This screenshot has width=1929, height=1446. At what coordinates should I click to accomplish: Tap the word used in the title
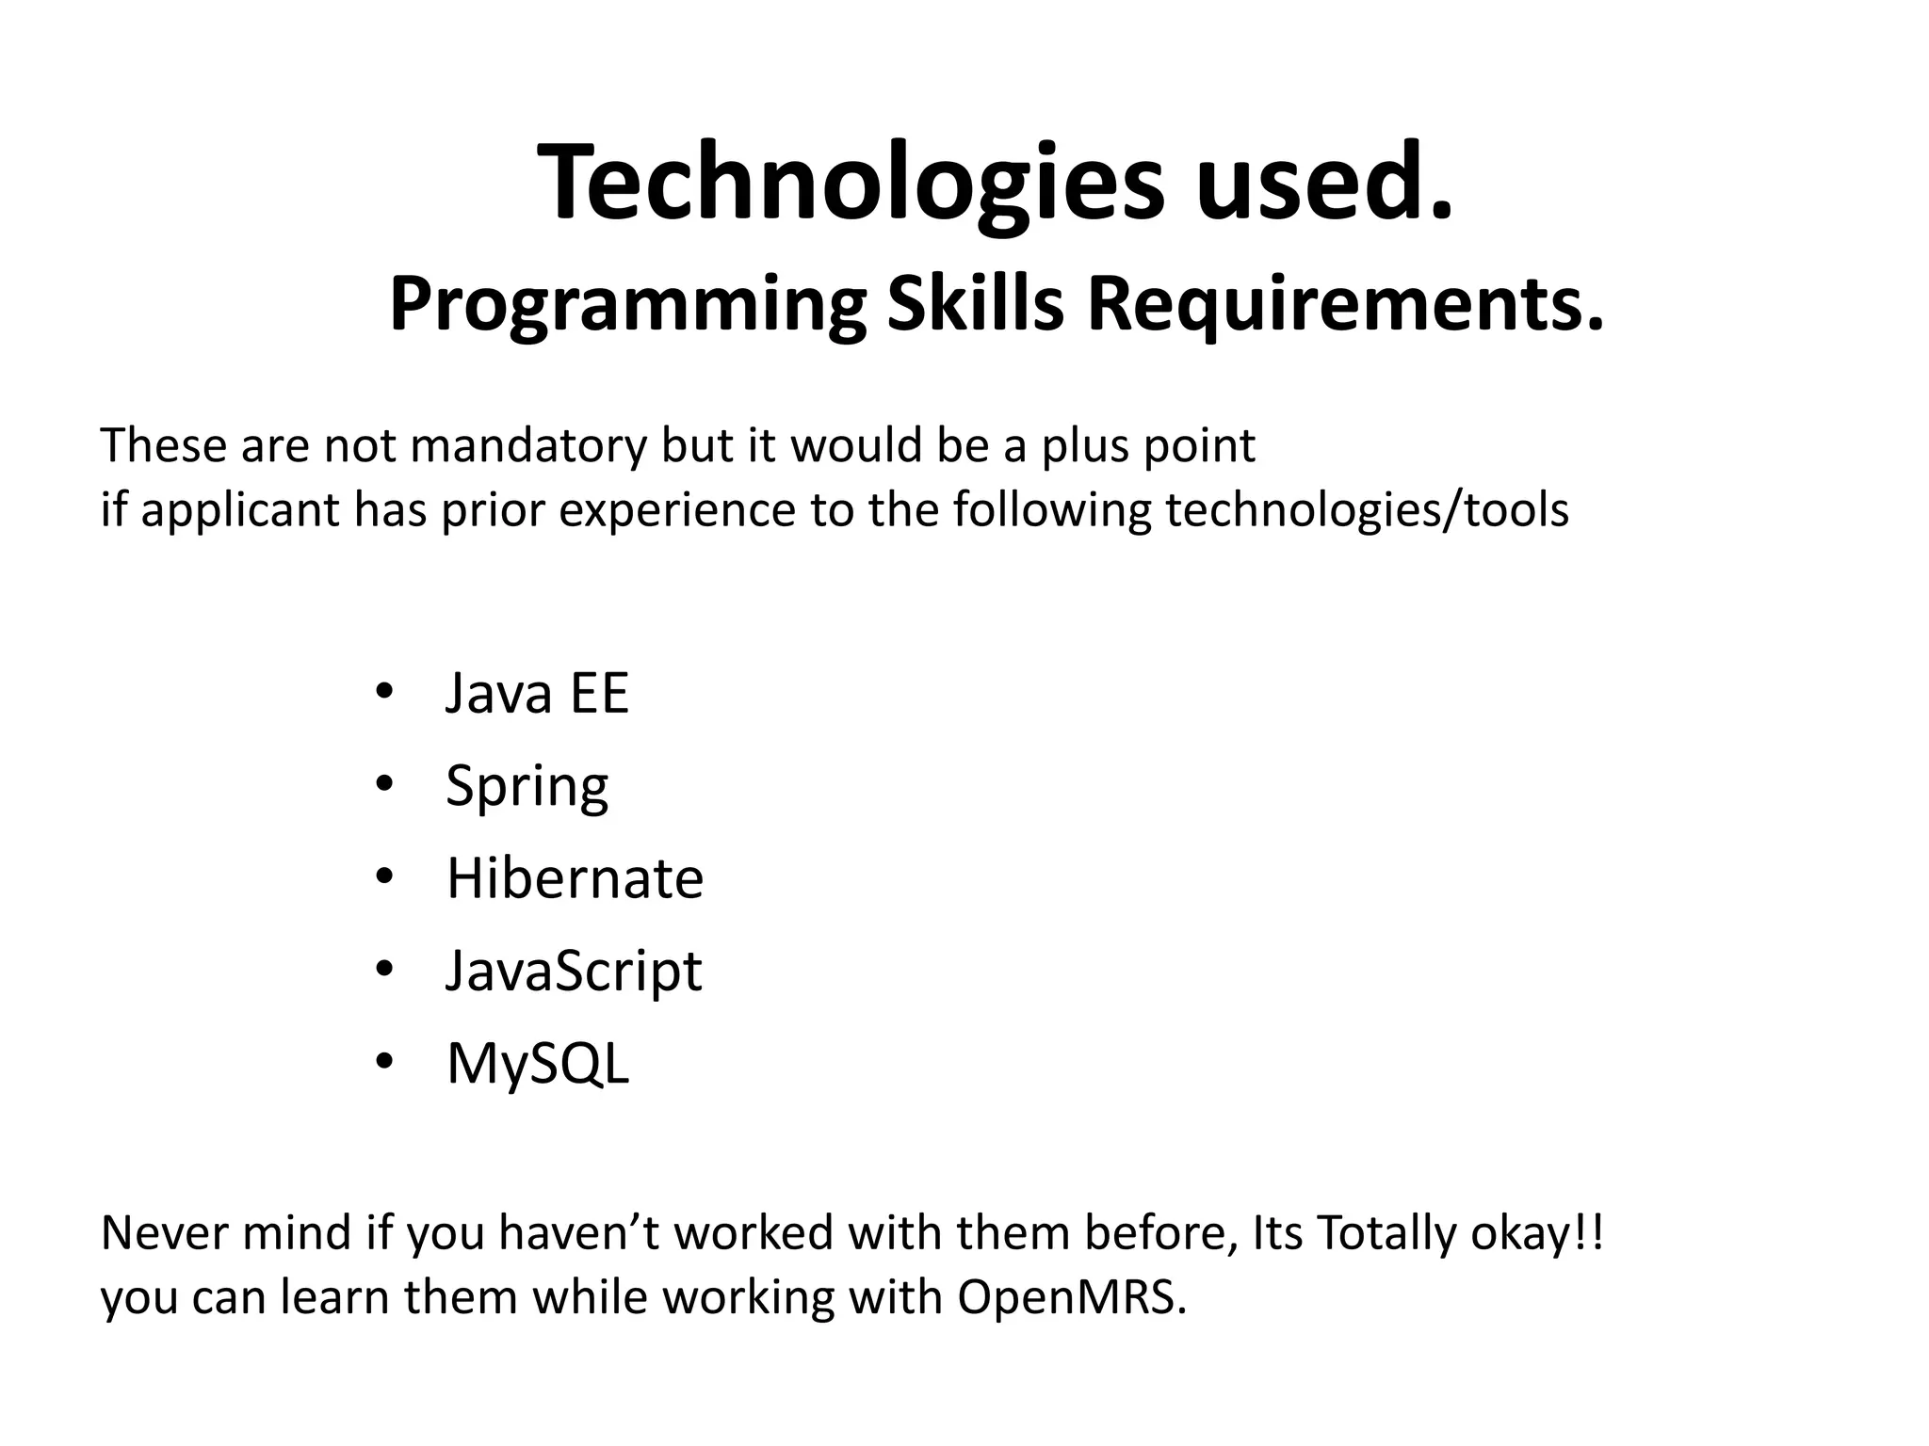point(1324,184)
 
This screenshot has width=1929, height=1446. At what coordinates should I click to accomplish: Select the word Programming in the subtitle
point(626,306)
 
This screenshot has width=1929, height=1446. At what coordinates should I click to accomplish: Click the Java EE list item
point(536,694)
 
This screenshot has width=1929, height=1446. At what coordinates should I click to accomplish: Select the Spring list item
point(527,787)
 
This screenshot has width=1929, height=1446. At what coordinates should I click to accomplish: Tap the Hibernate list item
point(575,878)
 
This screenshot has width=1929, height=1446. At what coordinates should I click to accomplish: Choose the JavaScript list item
point(574,972)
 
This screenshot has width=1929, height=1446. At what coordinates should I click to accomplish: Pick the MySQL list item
point(537,1065)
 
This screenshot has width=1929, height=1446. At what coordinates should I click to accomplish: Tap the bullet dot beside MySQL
point(382,1063)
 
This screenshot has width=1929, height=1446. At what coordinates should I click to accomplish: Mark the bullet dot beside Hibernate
point(382,877)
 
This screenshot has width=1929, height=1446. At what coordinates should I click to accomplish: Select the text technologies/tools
point(1367,511)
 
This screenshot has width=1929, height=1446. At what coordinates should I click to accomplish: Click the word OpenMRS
point(1071,1297)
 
